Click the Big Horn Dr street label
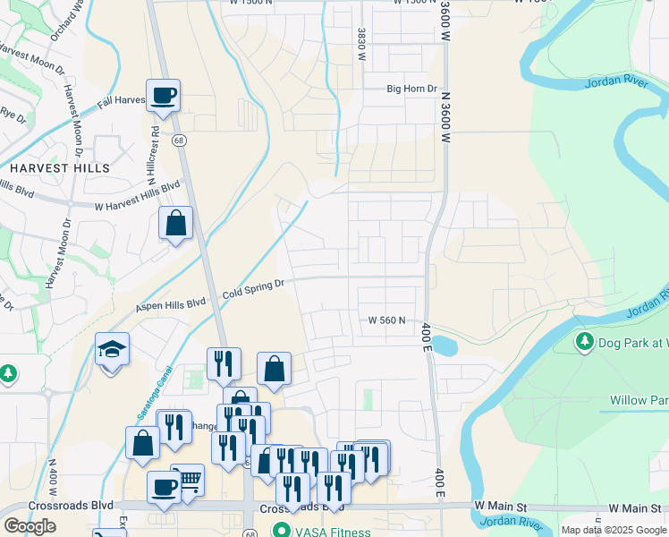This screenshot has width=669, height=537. (x=411, y=89)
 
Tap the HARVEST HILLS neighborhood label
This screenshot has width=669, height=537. (x=60, y=168)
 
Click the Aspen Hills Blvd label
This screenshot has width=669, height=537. (x=170, y=304)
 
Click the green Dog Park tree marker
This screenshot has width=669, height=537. (x=585, y=341)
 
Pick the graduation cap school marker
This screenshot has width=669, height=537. (x=113, y=348)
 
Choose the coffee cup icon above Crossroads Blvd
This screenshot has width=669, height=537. (x=164, y=487)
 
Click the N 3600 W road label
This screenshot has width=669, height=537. (x=444, y=121)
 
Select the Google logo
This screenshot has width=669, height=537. (x=30, y=526)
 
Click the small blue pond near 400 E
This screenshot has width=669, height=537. (x=444, y=345)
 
